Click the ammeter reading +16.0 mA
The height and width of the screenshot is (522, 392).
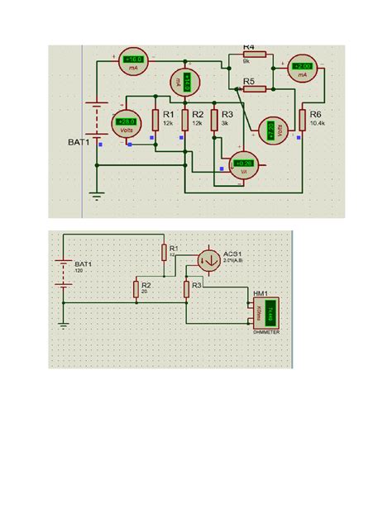click(x=133, y=61)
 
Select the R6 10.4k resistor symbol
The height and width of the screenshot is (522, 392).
click(x=304, y=116)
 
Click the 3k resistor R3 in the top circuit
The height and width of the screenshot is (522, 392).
click(x=214, y=120)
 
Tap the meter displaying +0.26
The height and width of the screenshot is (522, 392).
click(x=244, y=164)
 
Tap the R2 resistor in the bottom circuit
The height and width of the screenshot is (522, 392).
click(x=136, y=288)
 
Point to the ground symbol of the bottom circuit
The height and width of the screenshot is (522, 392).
click(x=64, y=324)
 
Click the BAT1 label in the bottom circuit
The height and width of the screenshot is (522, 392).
click(x=84, y=264)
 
